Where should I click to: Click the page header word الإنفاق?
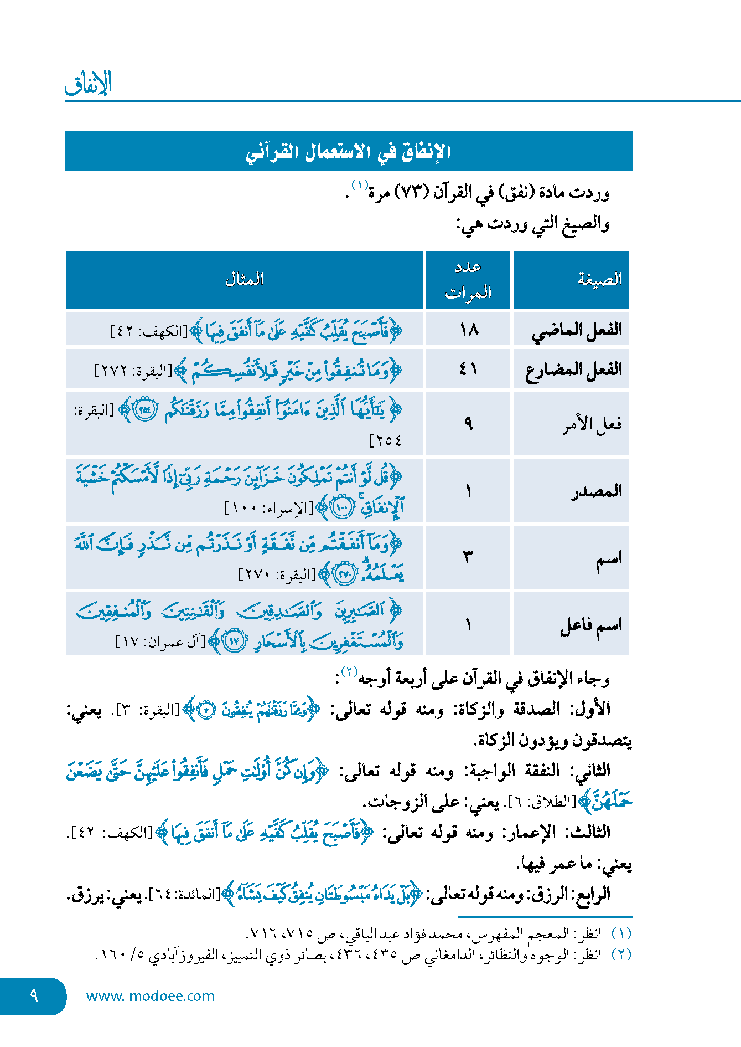(89, 84)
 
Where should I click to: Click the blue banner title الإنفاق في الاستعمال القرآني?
(348, 152)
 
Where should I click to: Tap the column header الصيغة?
(599, 279)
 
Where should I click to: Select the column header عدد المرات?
(468, 280)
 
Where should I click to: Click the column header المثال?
(244, 279)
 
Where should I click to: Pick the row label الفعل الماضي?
(577, 330)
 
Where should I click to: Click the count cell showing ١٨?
(468, 330)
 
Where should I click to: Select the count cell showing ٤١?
(468, 369)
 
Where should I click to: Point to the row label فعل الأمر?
(592, 424)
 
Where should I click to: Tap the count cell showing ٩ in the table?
(468, 424)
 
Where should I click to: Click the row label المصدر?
(596, 491)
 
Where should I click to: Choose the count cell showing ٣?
(468, 557)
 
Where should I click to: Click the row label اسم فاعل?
(591, 625)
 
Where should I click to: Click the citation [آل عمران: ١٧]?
(160, 641)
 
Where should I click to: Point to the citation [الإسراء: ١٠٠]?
(269, 508)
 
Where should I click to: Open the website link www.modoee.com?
(150, 996)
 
